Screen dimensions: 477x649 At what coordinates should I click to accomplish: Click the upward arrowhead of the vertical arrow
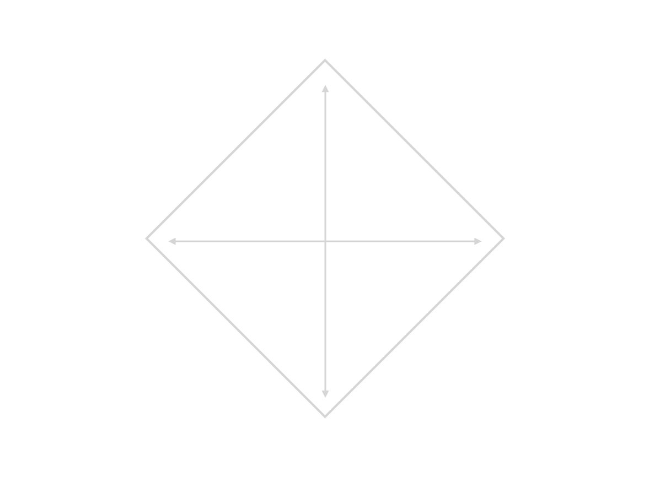pos(325,88)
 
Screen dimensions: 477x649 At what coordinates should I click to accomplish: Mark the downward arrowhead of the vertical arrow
pos(325,394)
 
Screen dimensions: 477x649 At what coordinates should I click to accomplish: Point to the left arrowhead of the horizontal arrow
pos(171,241)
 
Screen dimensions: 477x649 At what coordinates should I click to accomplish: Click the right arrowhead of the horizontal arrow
pos(478,241)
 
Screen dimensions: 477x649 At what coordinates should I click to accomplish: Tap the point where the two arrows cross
pos(325,241)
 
